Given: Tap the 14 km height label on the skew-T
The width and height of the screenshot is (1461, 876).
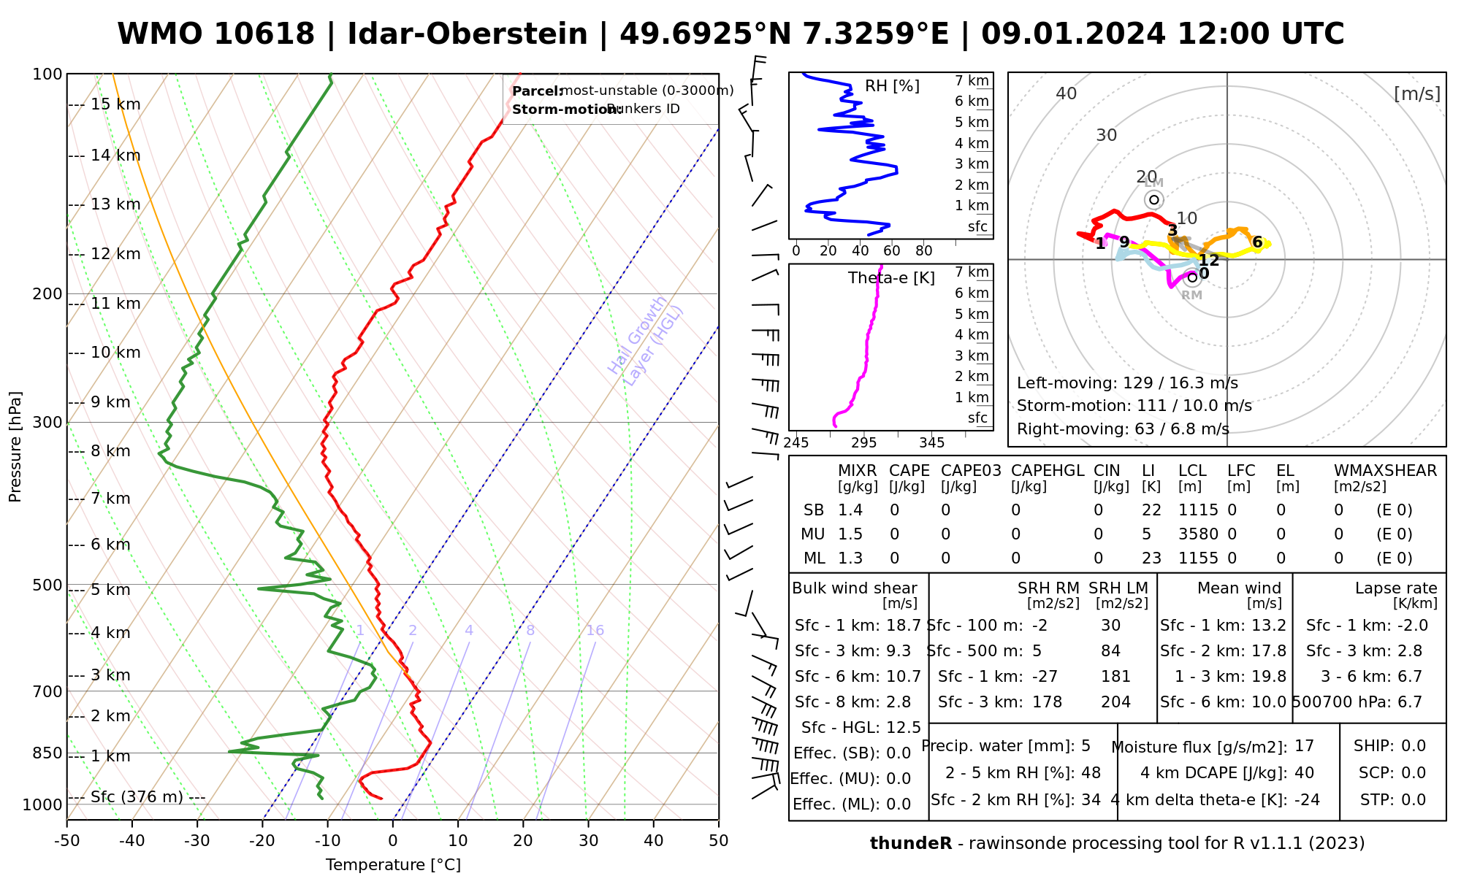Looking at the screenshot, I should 115,155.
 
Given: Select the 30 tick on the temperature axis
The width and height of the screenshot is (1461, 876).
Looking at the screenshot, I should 588,841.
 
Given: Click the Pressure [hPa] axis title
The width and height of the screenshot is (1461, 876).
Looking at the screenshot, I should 15,447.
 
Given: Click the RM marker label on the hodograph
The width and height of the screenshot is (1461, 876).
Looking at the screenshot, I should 1191,296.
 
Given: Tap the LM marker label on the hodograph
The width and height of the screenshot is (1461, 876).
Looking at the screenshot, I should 1154,183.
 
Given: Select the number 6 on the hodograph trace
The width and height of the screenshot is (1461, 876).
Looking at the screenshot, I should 1257,242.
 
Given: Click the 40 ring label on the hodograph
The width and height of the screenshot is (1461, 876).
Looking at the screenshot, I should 1067,93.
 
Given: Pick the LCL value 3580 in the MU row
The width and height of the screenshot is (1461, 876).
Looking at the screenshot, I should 1198,534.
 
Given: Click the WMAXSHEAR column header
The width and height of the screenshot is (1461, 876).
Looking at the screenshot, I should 1385,471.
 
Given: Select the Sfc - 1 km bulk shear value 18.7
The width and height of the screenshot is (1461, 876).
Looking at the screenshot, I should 904,626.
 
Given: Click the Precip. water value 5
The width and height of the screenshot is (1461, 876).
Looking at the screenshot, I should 1086,746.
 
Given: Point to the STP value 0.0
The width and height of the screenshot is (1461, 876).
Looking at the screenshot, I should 1414,800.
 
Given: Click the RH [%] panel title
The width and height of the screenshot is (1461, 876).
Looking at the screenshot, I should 892,86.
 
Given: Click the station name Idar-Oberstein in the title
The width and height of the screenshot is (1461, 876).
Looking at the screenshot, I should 468,34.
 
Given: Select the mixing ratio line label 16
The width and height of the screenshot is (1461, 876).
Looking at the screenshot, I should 595,631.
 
